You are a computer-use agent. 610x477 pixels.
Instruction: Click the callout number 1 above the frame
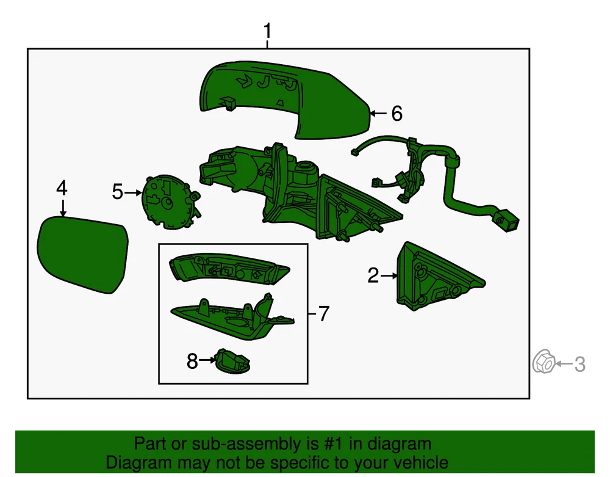(x=267, y=31)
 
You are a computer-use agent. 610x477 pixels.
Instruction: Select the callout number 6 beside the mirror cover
(x=396, y=114)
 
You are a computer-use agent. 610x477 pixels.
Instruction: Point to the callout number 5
(x=117, y=192)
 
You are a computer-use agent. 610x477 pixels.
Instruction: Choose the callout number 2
(x=373, y=275)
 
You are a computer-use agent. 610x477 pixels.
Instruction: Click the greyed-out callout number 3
(x=579, y=365)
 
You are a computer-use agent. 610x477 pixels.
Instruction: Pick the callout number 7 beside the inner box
(x=324, y=313)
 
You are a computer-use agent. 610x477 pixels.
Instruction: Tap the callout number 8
(x=192, y=361)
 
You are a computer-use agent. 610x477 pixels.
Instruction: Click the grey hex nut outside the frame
(x=544, y=362)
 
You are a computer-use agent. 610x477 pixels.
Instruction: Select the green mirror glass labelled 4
(x=82, y=254)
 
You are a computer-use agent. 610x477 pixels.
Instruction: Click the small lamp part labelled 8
(x=232, y=362)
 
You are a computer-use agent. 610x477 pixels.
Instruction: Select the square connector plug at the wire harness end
(x=508, y=220)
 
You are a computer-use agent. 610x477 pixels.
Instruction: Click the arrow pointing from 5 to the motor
(x=133, y=192)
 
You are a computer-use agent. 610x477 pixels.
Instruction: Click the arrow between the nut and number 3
(x=564, y=364)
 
